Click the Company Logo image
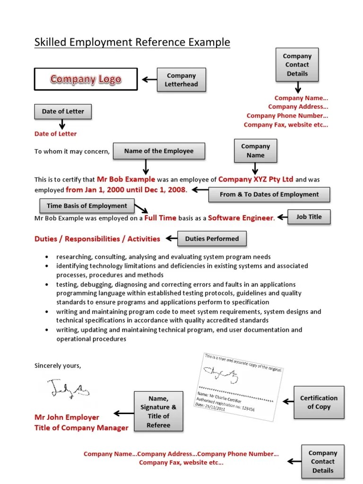coord(86,79)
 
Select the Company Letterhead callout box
coord(181,80)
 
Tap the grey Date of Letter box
coord(63,112)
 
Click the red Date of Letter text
coord(55,134)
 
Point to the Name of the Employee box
coord(159,151)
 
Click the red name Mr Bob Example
coord(126,179)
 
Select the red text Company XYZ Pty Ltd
coord(256,179)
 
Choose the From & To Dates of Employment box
coord(269,194)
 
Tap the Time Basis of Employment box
coord(86,206)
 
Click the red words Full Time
coord(160,218)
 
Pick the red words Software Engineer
coord(241,218)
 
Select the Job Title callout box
coord(309,217)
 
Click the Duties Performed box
coord(212,239)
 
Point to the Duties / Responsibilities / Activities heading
coord(97,239)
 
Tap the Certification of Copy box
coord(319,402)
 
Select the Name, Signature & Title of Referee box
coord(158,412)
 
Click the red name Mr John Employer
coord(67,417)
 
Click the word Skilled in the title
coord(51,43)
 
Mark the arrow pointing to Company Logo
coord(150,79)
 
